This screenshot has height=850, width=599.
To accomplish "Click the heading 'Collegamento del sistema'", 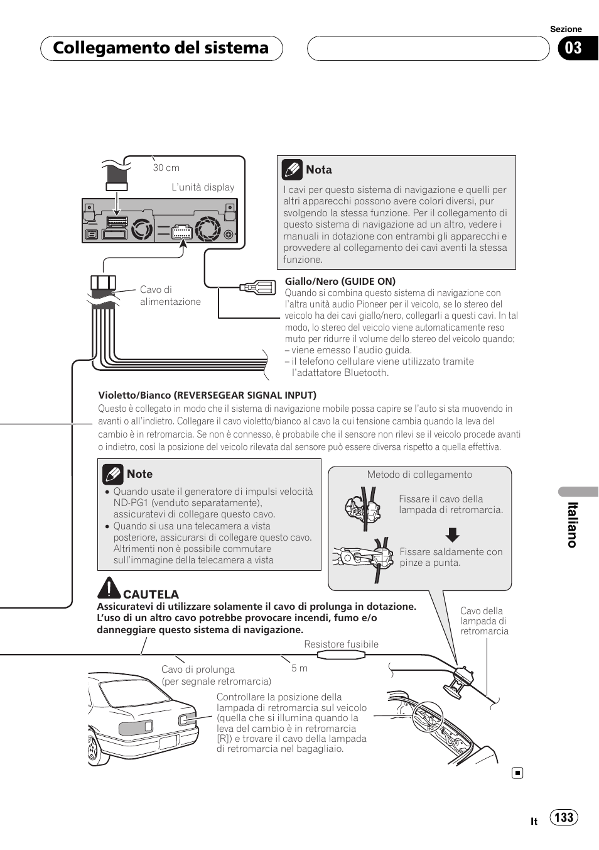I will (161, 48).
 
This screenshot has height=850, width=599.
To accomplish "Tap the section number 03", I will (573, 48).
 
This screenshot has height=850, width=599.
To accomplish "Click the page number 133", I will (564, 817).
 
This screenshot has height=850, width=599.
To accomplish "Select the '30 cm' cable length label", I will (166, 168).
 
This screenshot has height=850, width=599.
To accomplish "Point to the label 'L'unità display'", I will (203, 187).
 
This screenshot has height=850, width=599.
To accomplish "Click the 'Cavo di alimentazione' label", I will (170, 295).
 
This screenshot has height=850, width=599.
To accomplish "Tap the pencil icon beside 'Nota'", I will (292, 170).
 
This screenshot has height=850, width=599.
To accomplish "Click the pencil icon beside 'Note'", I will (113, 474).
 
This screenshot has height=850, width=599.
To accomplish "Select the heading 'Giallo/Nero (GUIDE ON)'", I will (340, 282).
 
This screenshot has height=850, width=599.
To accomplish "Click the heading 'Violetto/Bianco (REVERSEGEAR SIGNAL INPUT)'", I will (207, 395).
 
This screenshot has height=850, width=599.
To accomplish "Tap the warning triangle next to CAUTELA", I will (109, 588).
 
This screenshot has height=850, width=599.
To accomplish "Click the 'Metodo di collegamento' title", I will (419, 475).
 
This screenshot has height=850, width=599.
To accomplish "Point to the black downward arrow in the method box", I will (452, 535).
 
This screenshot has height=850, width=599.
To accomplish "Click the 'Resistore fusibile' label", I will (341, 644).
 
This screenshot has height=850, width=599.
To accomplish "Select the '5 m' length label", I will (299, 668).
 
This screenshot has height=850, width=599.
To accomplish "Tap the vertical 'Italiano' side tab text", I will (572, 525).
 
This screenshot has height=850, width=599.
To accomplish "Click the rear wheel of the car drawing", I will (94, 747).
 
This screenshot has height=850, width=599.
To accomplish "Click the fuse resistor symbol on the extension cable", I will (341, 655).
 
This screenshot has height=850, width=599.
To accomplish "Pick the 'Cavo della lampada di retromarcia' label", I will (483, 621).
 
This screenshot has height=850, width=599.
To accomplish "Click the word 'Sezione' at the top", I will (566, 29).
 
